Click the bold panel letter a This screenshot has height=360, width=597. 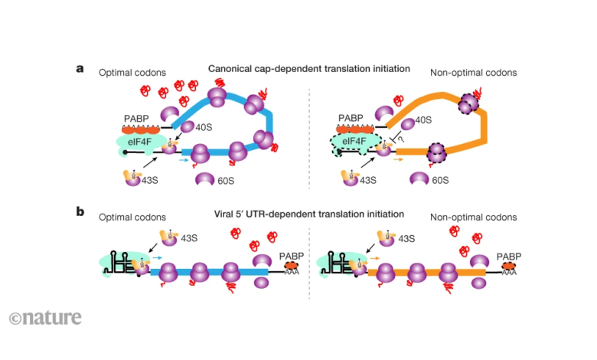click(80, 68)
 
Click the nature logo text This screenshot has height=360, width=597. click(46, 317)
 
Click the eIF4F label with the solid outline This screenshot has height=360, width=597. click(140, 141)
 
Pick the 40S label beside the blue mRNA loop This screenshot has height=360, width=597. click(204, 128)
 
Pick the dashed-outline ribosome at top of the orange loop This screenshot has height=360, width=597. click(470, 103)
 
